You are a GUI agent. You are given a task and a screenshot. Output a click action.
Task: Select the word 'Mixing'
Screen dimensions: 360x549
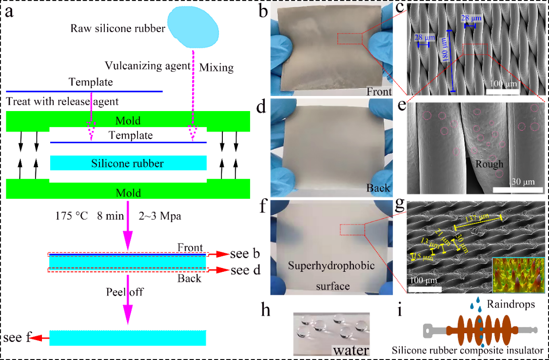(x=217, y=67)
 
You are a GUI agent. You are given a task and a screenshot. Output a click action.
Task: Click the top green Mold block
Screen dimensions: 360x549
(x=128, y=120)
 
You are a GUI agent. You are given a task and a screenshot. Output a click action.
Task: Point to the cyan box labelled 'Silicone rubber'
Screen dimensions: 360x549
(x=128, y=163)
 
